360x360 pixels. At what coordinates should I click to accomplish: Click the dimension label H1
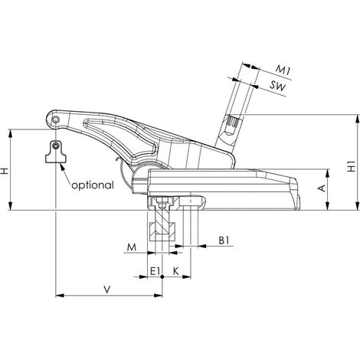point(352,166)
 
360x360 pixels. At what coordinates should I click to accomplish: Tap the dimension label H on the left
point(5,171)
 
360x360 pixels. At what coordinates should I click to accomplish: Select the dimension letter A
point(322,188)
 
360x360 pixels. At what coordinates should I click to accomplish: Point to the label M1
point(283,70)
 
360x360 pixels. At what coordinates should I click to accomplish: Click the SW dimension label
point(277,86)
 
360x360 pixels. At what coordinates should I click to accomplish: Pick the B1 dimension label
point(224,241)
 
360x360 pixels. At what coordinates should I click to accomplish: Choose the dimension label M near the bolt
point(132,247)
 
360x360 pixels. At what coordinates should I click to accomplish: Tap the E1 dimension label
point(155,271)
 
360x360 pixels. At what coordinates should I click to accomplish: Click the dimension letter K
point(175,271)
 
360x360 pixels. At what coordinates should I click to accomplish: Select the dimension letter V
point(107,290)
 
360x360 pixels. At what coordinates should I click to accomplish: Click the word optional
point(93,185)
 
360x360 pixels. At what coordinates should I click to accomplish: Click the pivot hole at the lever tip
point(56,119)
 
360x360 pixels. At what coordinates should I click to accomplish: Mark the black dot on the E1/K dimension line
point(162,277)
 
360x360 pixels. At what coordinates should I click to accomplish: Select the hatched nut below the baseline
point(162,232)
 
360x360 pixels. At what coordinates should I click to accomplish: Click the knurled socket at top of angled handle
point(233,122)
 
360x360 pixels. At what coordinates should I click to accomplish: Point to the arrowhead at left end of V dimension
point(60,296)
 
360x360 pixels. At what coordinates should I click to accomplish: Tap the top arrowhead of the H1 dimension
point(356,119)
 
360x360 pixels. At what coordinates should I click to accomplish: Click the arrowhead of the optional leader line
point(62,167)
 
